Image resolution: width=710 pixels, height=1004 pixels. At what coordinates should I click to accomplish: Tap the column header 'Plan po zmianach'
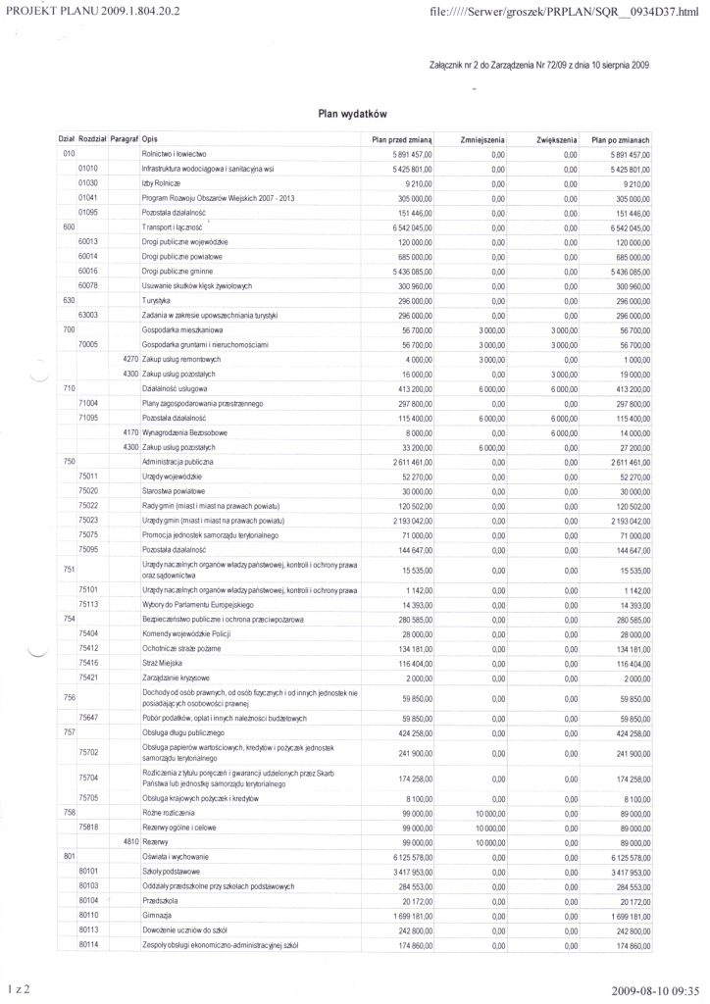tap(621, 140)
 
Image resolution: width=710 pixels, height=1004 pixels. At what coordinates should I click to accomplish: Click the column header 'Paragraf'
tap(124, 140)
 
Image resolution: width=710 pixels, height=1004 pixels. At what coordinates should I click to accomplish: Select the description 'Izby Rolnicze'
tap(162, 183)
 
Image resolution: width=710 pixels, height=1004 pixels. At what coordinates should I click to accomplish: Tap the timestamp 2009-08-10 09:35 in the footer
tap(655, 990)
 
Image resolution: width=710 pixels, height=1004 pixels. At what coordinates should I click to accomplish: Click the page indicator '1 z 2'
tap(19, 990)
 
